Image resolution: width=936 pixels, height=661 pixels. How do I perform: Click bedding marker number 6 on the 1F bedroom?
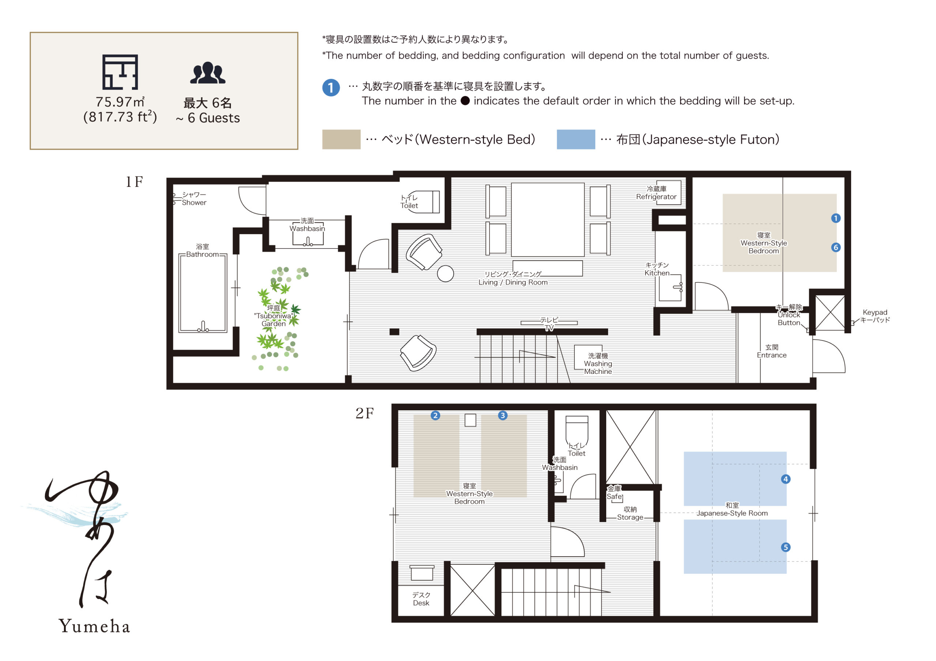point(836,247)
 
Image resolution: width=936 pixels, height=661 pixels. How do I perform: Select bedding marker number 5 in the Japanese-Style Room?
point(786,547)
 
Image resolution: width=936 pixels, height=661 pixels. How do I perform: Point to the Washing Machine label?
point(598,364)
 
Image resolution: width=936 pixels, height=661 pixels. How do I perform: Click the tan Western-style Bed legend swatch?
point(341,139)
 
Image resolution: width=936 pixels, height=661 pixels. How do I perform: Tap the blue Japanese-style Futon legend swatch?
point(575,139)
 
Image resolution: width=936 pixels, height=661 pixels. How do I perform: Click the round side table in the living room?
point(445,273)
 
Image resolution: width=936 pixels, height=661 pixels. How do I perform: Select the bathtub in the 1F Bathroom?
point(203,293)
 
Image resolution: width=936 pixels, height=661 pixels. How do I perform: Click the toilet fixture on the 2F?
point(577,431)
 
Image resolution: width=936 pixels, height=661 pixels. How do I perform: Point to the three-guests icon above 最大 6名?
point(208,73)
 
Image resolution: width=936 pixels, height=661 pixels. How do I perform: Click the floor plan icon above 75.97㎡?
point(120,72)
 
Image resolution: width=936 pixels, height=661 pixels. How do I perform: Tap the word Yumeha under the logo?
point(95,626)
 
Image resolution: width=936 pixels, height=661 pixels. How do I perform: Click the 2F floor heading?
point(365,413)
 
